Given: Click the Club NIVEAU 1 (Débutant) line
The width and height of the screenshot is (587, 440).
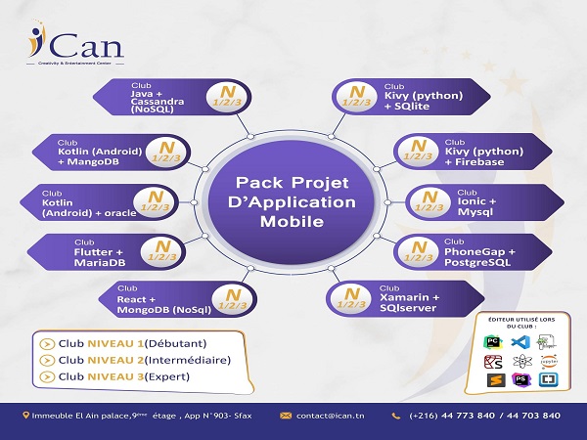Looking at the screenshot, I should coord(137,343).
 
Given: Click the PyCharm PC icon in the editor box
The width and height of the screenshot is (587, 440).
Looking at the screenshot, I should coord(494,341).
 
